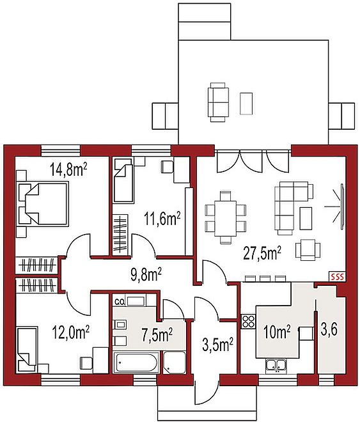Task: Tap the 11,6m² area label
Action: click(x=162, y=218)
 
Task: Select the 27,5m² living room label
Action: click(x=262, y=254)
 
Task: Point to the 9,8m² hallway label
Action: click(x=146, y=274)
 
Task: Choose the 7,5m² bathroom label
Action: click(x=157, y=334)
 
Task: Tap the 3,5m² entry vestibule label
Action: click(x=217, y=345)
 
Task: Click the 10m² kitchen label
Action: click(x=277, y=332)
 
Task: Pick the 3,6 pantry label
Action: click(x=329, y=330)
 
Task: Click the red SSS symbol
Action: click(x=337, y=276)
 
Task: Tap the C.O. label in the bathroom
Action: click(x=119, y=302)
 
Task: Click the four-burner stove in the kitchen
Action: click(x=248, y=321)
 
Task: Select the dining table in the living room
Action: click(x=225, y=218)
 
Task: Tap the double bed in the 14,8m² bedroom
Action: click(x=42, y=203)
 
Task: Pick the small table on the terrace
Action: click(x=246, y=104)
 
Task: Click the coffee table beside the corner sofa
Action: click(x=306, y=218)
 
